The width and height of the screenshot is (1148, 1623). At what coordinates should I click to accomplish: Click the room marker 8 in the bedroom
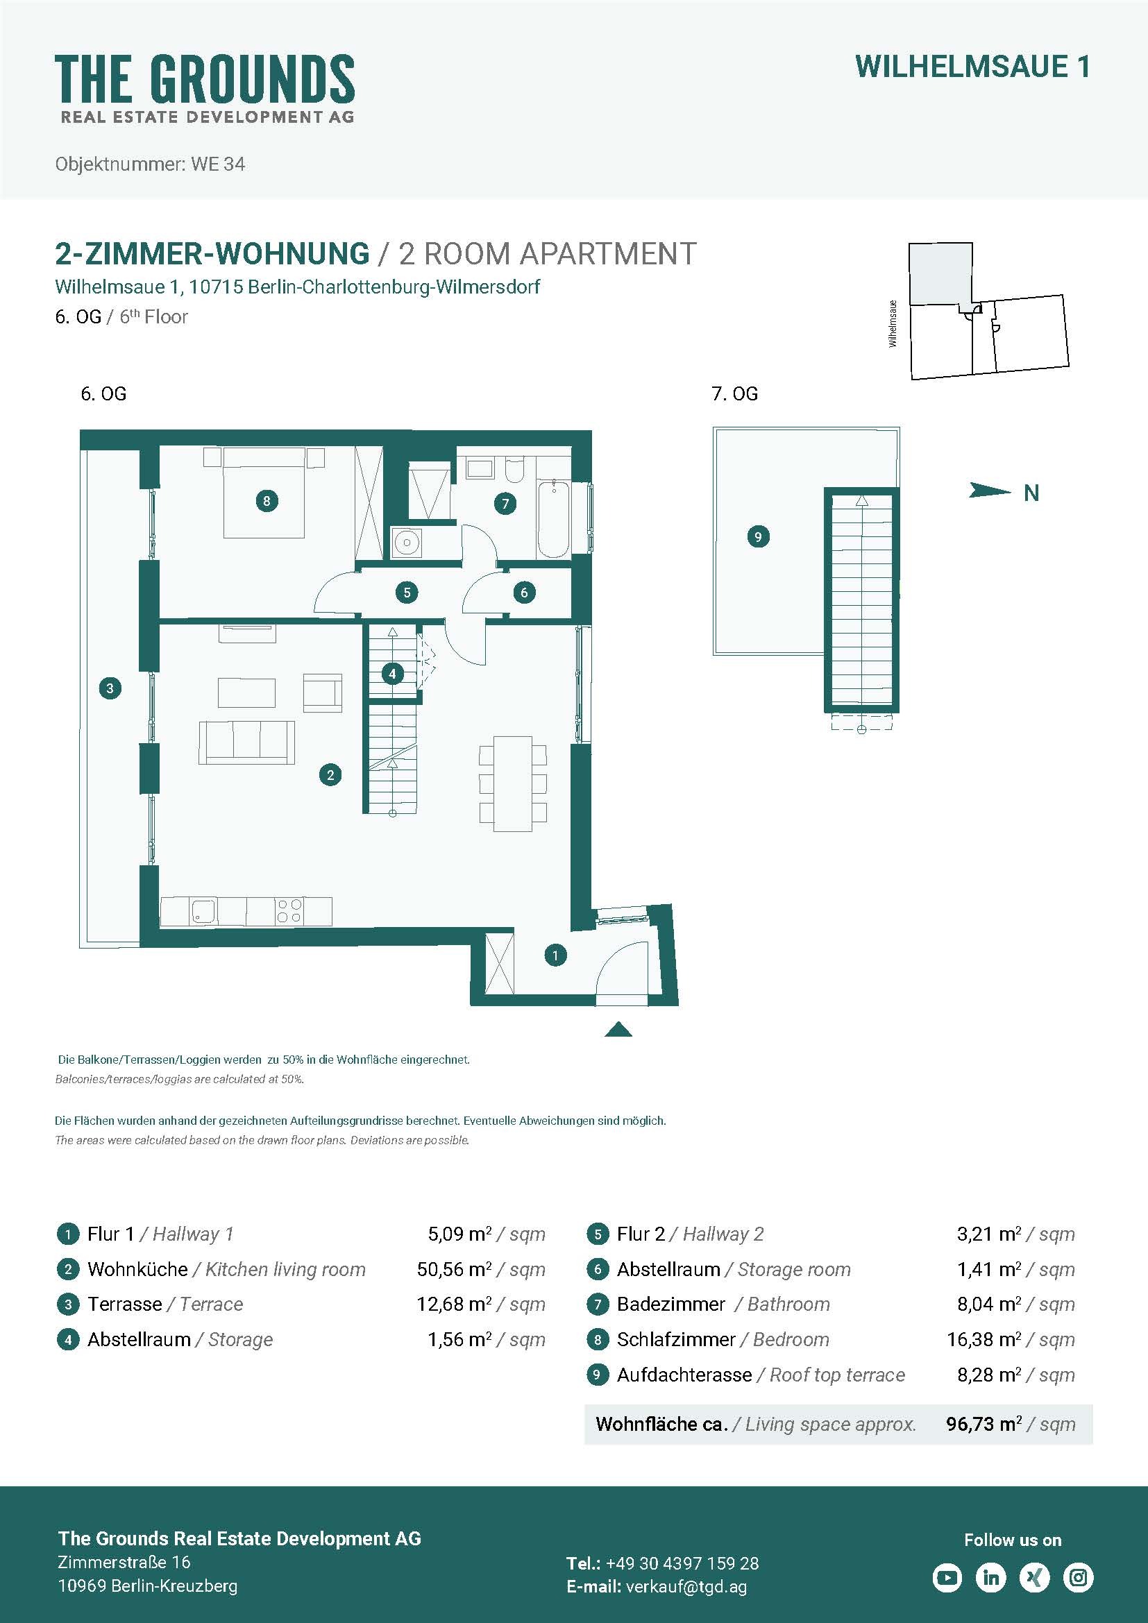pos(267,501)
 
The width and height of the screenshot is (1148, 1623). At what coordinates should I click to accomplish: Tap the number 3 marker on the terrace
pos(110,688)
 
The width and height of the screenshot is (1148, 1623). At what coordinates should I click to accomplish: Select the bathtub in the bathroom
pos(552,518)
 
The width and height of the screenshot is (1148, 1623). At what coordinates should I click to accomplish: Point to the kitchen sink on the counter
pos(202,911)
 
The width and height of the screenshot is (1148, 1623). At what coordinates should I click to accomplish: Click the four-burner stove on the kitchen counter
pos(289,911)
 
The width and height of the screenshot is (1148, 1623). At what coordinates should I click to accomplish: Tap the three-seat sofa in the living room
pos(246,742)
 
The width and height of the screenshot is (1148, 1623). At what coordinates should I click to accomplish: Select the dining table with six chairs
pos(512,783)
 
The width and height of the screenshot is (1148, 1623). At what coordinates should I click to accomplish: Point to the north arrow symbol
pos(990,490)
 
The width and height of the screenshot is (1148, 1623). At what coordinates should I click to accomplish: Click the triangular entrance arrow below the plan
pos(618,1029)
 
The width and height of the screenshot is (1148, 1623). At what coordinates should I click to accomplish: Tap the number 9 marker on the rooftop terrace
pos(758,536)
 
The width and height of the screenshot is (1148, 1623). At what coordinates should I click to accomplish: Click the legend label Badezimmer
pos(671,1305)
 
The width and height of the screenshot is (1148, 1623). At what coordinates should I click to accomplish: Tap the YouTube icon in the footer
pos(947,1577)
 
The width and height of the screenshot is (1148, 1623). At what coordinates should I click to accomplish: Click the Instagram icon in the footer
pos(1079,1577)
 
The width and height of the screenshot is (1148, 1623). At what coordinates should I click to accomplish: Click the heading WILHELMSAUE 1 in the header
pos(972,67)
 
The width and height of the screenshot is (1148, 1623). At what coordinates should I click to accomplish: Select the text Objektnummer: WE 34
pos(150,164)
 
